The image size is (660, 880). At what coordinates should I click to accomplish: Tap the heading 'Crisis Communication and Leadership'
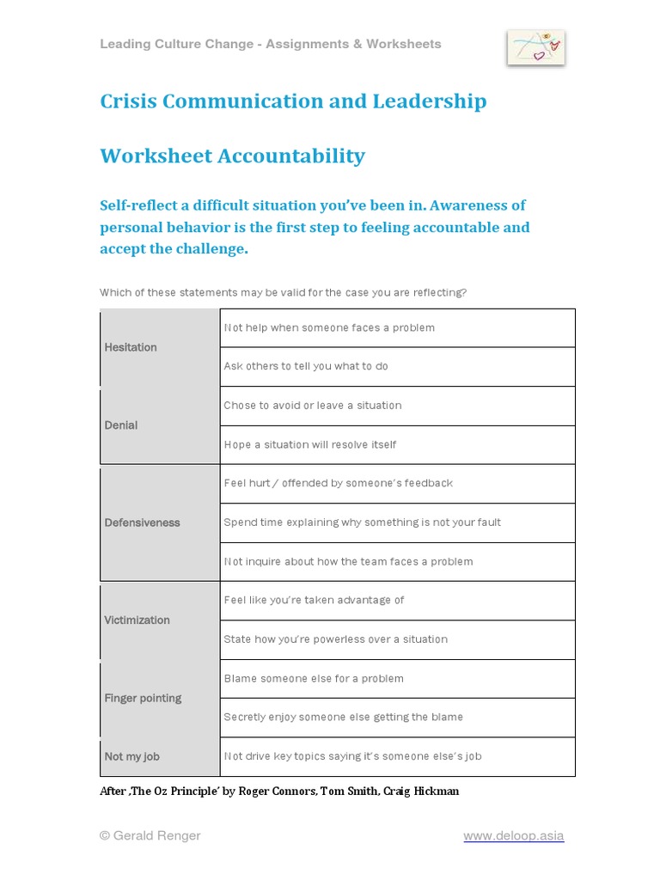(293, 101)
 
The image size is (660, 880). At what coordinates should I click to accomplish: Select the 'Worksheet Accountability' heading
(232, 156)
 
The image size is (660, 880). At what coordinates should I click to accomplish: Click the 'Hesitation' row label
(131, 347)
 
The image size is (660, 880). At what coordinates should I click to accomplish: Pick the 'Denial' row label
(121, 425)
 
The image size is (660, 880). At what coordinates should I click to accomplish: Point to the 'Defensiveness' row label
(142, 522)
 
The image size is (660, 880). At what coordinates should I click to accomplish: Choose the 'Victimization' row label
(137, 620)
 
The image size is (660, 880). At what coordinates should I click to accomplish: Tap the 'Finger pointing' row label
(143, 698)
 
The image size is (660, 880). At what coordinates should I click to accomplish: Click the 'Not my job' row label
(131, 756)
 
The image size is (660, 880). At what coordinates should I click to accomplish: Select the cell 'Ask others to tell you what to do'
(306, 366)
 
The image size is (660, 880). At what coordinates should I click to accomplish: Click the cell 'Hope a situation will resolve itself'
(310, 444)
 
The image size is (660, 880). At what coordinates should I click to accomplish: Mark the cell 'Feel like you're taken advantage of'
(314, 600)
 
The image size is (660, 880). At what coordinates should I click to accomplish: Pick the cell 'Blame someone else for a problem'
(314, 678)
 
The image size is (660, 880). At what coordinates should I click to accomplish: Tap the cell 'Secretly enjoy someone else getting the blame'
(343, 717)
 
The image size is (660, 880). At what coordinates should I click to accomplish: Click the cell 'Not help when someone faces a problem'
(329, 327)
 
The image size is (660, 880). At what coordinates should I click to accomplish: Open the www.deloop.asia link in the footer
(513, 835)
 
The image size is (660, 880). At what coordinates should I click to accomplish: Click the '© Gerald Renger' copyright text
(150, 835)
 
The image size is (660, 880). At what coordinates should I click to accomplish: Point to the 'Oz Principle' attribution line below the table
(279, 791)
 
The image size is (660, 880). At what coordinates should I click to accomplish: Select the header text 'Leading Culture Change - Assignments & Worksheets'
(270, 44)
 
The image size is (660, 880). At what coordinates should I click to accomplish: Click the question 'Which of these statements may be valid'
(283, 292)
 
